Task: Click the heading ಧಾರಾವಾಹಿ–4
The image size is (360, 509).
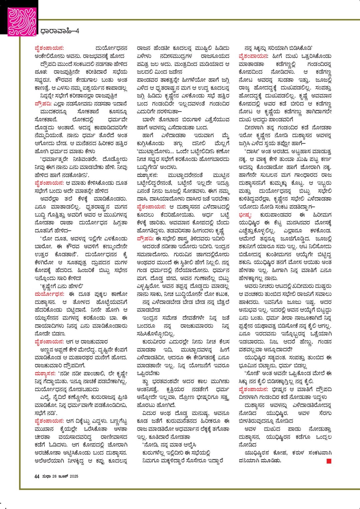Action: point(59,31)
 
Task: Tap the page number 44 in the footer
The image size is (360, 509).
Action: point(37,476)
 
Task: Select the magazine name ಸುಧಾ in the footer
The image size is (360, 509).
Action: point(46,476)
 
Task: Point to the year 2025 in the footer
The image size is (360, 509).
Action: point(74,476)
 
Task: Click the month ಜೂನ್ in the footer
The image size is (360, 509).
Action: point(63,476)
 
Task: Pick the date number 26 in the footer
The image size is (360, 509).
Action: point(54,476)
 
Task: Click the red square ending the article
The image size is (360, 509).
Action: point(329,461)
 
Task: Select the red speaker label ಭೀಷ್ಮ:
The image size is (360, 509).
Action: point(245,215)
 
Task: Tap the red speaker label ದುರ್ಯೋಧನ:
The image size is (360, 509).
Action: point(49,294)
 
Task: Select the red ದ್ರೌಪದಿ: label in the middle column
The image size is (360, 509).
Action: point(145,239)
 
